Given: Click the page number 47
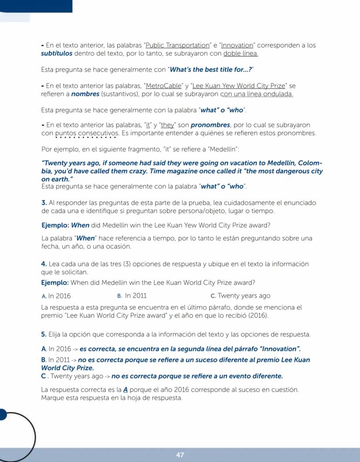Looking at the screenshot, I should click(x=180, y=455).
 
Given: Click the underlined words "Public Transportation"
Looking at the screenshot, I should click(x=178, y=45).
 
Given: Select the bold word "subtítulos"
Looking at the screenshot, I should click(x=57, y=53).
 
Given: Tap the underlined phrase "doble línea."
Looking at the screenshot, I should click(x=240, y=53).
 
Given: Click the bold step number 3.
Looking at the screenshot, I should click(x=43, y=203).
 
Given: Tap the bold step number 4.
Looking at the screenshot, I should click(x=43, y=264).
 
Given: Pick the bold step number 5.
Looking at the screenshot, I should click(x=43, y=334).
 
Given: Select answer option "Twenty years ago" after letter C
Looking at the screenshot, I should click(x=244, y=296).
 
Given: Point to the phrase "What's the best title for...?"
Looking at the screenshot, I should click(x=211, y=70).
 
